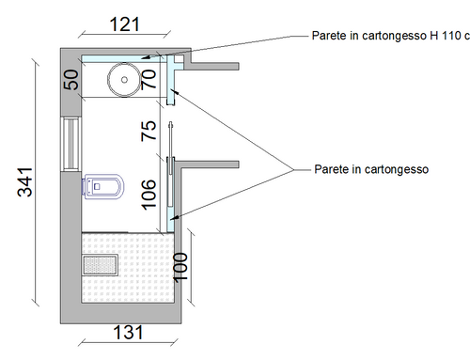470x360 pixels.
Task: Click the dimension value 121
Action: [x=124, y=24]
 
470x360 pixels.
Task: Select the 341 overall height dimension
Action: [x=25, y=182]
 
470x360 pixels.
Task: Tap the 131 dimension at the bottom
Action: [x=128, y=333]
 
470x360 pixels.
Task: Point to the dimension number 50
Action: [x=71, y=80]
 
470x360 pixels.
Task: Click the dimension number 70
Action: [x=149, y=80]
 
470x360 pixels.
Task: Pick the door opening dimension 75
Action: [x=149, y=131]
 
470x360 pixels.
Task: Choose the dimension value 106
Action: [x=149, y=195]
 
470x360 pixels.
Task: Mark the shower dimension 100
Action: [x=180, y=268]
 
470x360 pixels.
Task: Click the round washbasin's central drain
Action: [x=124, y=80]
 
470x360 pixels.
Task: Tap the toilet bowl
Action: [x=103, y=187]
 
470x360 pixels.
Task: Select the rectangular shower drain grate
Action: [x=101, y=265]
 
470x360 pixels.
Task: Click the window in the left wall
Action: [x=71, y=144]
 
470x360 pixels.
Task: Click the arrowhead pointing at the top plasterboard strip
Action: [x=145, y=57]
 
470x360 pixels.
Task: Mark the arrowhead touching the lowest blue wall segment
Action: [x=175, y=217]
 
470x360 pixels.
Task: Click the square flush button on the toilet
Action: [x=97, y=186]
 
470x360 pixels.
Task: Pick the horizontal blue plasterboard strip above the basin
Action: [x=123, y=58]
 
